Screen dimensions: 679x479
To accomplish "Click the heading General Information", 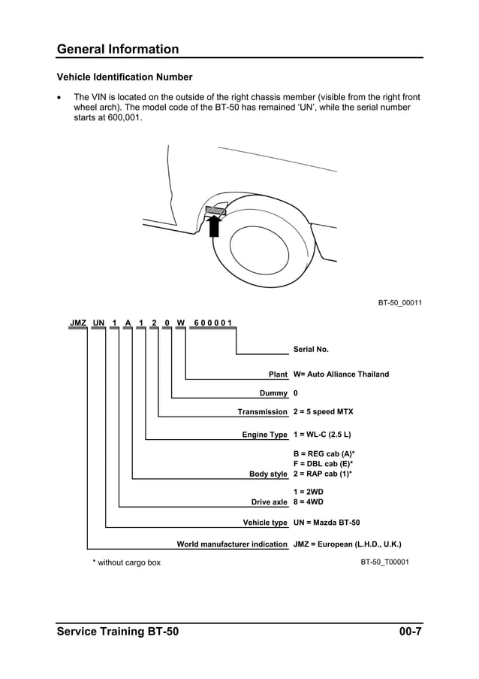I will (x=118, y=50).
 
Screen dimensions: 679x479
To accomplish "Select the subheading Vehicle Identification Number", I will (x=125, y=77).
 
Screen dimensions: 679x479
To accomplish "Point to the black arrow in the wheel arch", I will (x=214, y=225).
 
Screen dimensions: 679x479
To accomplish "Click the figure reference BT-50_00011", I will (x=399, y=303).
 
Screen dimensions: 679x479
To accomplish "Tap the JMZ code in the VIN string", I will (x=78, y=323).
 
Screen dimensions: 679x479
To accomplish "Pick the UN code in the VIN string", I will (x=98, y=323).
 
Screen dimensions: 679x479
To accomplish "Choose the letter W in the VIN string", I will (x=180, y=323).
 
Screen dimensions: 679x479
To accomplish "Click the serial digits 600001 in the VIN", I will (x=212, y=323).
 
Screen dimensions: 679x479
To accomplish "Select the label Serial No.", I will (x=311, y=350).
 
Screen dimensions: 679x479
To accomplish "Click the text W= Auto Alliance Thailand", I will (x=341, y=374).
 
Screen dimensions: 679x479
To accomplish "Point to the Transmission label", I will (x=262, y=412).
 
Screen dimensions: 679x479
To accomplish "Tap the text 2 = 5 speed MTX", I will (x=323, y=412).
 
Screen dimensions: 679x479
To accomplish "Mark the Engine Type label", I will (x=264, y=435).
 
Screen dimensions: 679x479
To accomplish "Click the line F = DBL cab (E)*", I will (x=323, y=464).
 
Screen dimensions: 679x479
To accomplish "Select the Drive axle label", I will (x=269, y=502).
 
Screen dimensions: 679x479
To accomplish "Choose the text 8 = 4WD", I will (x=309, y=502).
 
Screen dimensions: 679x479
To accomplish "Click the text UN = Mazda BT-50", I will (x=327, y=523).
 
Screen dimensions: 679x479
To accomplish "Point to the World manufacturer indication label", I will (x=231, y=544).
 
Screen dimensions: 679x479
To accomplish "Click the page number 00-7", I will (x=410, y=632).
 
